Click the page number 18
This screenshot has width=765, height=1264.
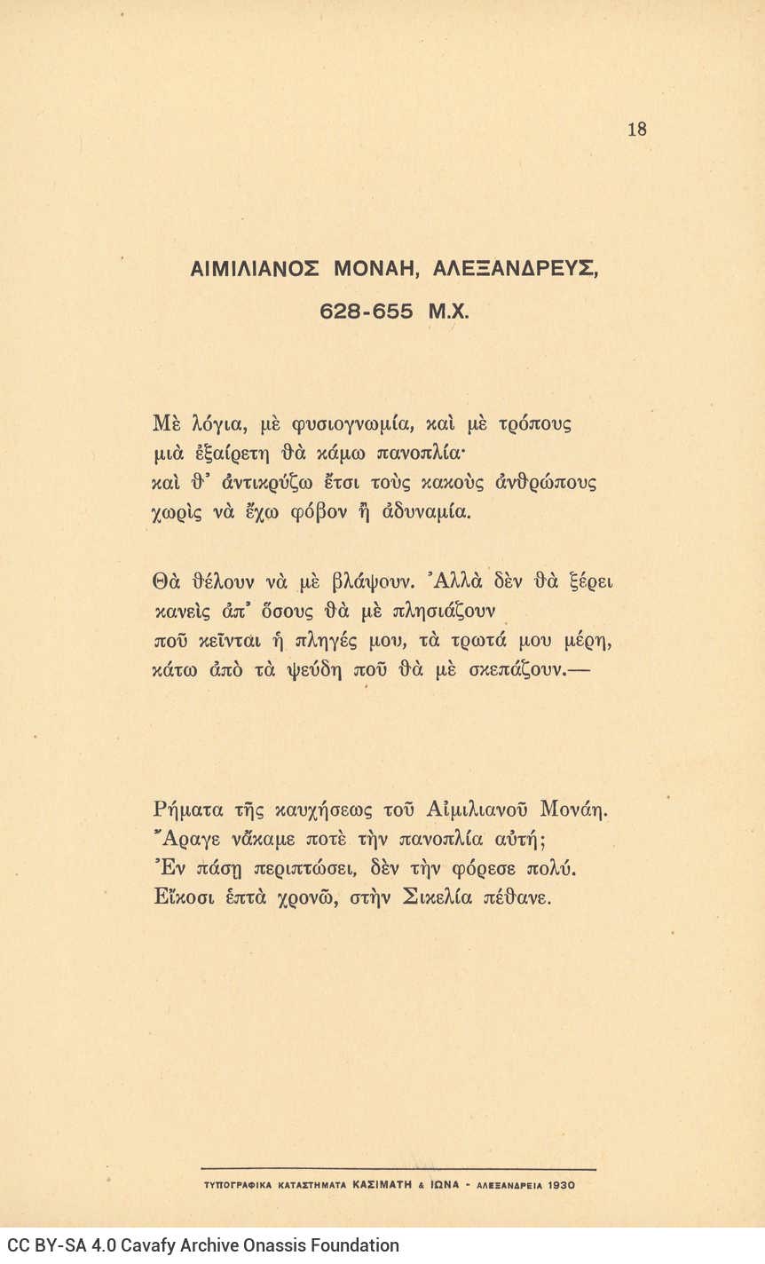pos(636,130)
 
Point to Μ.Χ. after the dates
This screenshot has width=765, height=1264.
pos(447,312)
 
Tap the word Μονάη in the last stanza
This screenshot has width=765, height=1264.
pos(577,810)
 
